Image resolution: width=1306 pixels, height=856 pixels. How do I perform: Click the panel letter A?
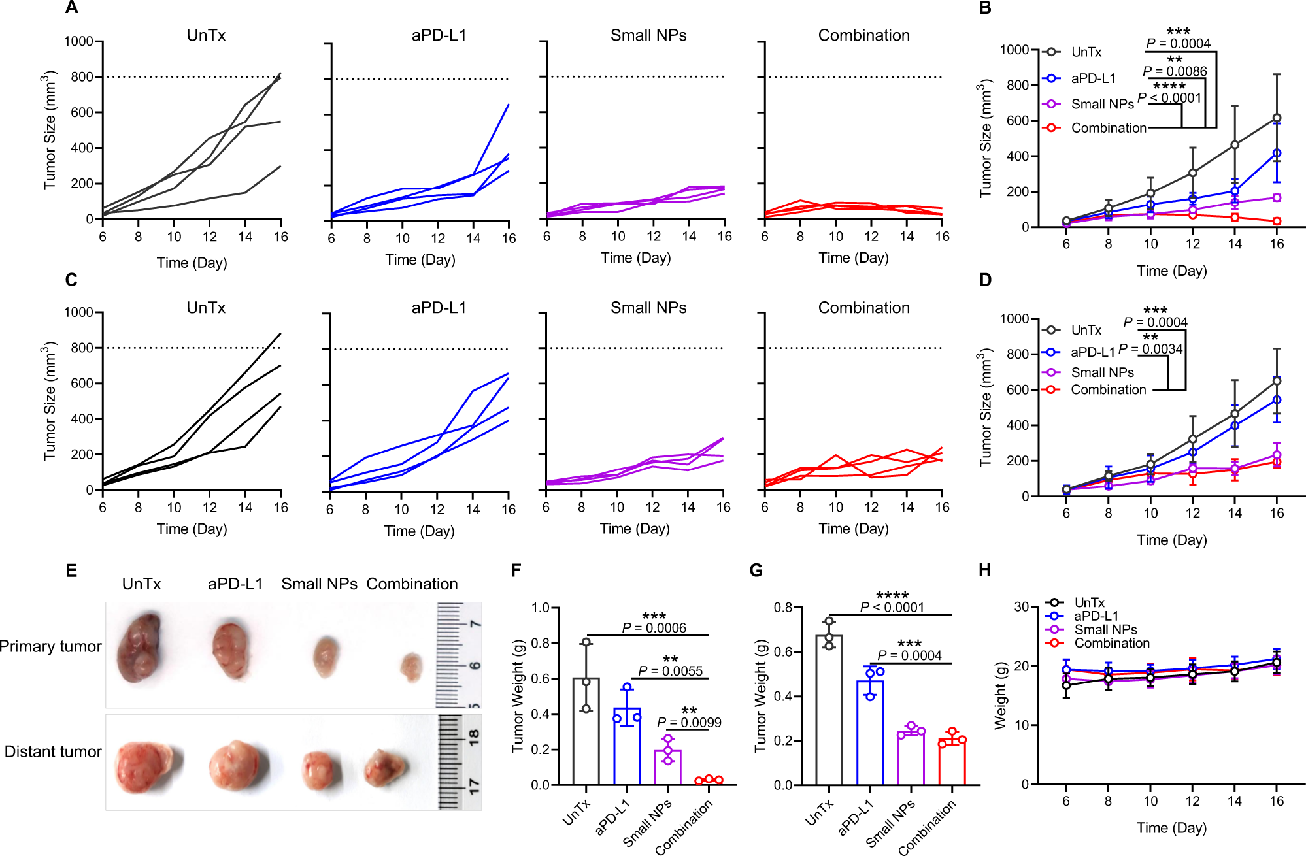click(x=72, y=8)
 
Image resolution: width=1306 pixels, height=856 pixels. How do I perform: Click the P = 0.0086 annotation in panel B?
click(x=1175, y=71)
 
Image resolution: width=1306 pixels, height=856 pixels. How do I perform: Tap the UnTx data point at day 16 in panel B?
click(x=1277, y=118)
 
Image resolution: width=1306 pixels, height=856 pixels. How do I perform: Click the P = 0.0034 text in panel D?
click(x=1150, y=348)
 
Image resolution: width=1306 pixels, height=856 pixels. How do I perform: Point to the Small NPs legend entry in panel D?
click(x=1101, y=372)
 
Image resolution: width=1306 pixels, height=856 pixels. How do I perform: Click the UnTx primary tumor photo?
click(x=139, y=647)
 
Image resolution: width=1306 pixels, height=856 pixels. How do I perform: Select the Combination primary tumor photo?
click(x=412, y=667)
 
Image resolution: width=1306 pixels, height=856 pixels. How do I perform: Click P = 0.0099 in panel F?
click(x=689, y=722)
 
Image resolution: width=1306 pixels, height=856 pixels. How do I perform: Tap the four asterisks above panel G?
click(x=892, y=595)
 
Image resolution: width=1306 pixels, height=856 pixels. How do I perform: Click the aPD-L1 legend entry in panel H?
click(x=1096, y=616)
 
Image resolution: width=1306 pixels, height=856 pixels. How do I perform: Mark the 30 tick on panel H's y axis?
click(x=1021, y=607)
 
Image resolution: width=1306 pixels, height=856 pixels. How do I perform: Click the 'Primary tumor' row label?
click(x=51, y=646)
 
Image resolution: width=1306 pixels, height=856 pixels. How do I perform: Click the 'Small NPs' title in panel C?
click(x=648, y=308)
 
